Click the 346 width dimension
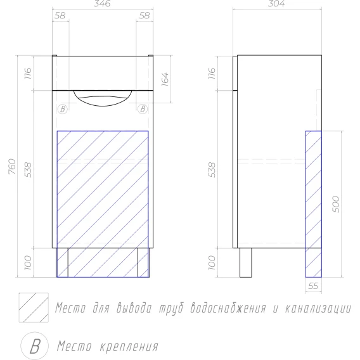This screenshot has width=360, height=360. tap(102, 3)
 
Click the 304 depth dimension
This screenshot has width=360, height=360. tap(276, 3)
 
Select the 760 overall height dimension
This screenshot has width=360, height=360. tap(12, 166)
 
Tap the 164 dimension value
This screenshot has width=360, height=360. tap(165, 79)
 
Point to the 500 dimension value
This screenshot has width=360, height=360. tap(335, 204)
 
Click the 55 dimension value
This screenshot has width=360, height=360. tap(313, 286)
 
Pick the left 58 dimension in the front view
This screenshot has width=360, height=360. tap(60, 16)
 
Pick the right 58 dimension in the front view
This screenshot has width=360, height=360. tap(145, 16)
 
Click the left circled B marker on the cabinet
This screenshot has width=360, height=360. tap(63, 109)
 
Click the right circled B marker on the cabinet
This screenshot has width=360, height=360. tap(143, 109)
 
